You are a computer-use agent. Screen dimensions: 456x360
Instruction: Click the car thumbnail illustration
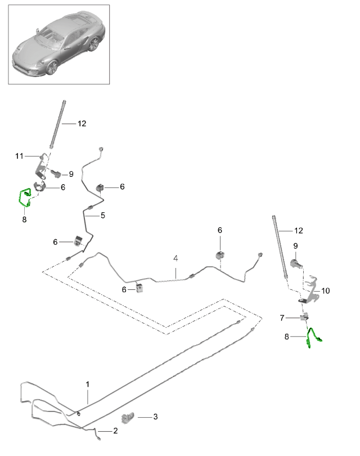point(59,44)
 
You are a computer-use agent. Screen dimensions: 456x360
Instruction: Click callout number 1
point(88,384)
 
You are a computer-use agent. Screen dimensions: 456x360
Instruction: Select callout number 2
point(115,431)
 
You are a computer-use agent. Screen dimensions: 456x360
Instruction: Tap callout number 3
point(155,417)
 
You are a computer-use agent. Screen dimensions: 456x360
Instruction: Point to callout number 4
point(175,258)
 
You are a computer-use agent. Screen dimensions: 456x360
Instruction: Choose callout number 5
point(103,215)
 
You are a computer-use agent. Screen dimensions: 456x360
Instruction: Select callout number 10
point(326,290)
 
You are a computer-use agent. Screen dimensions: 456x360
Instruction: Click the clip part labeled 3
point(128,417)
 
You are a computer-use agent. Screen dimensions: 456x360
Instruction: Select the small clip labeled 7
point(304,318)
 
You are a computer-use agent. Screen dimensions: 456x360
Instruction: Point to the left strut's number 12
point(82,123)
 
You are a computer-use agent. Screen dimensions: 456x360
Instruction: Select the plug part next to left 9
point(56,173)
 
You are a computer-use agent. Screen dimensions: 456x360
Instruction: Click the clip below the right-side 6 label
point(220,255)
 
